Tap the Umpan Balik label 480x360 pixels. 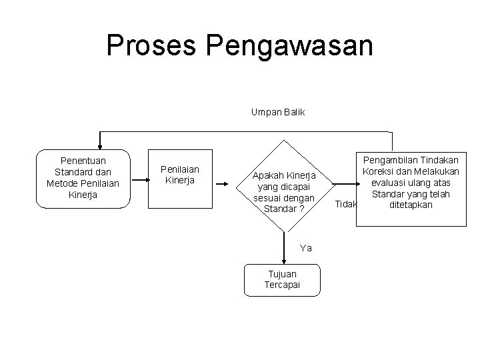tap(278, 112)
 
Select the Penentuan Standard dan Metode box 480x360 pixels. tap(83, 178)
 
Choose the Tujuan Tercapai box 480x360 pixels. tap(282, 279)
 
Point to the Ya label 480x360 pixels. tap(306, 248)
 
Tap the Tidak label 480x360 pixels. tap(346, 204)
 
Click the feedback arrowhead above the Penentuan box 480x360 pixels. tap(100, 146)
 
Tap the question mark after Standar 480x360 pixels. tap(302, 209)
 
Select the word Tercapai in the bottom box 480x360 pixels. tap(282, 285)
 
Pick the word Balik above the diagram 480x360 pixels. tap(293, 112)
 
